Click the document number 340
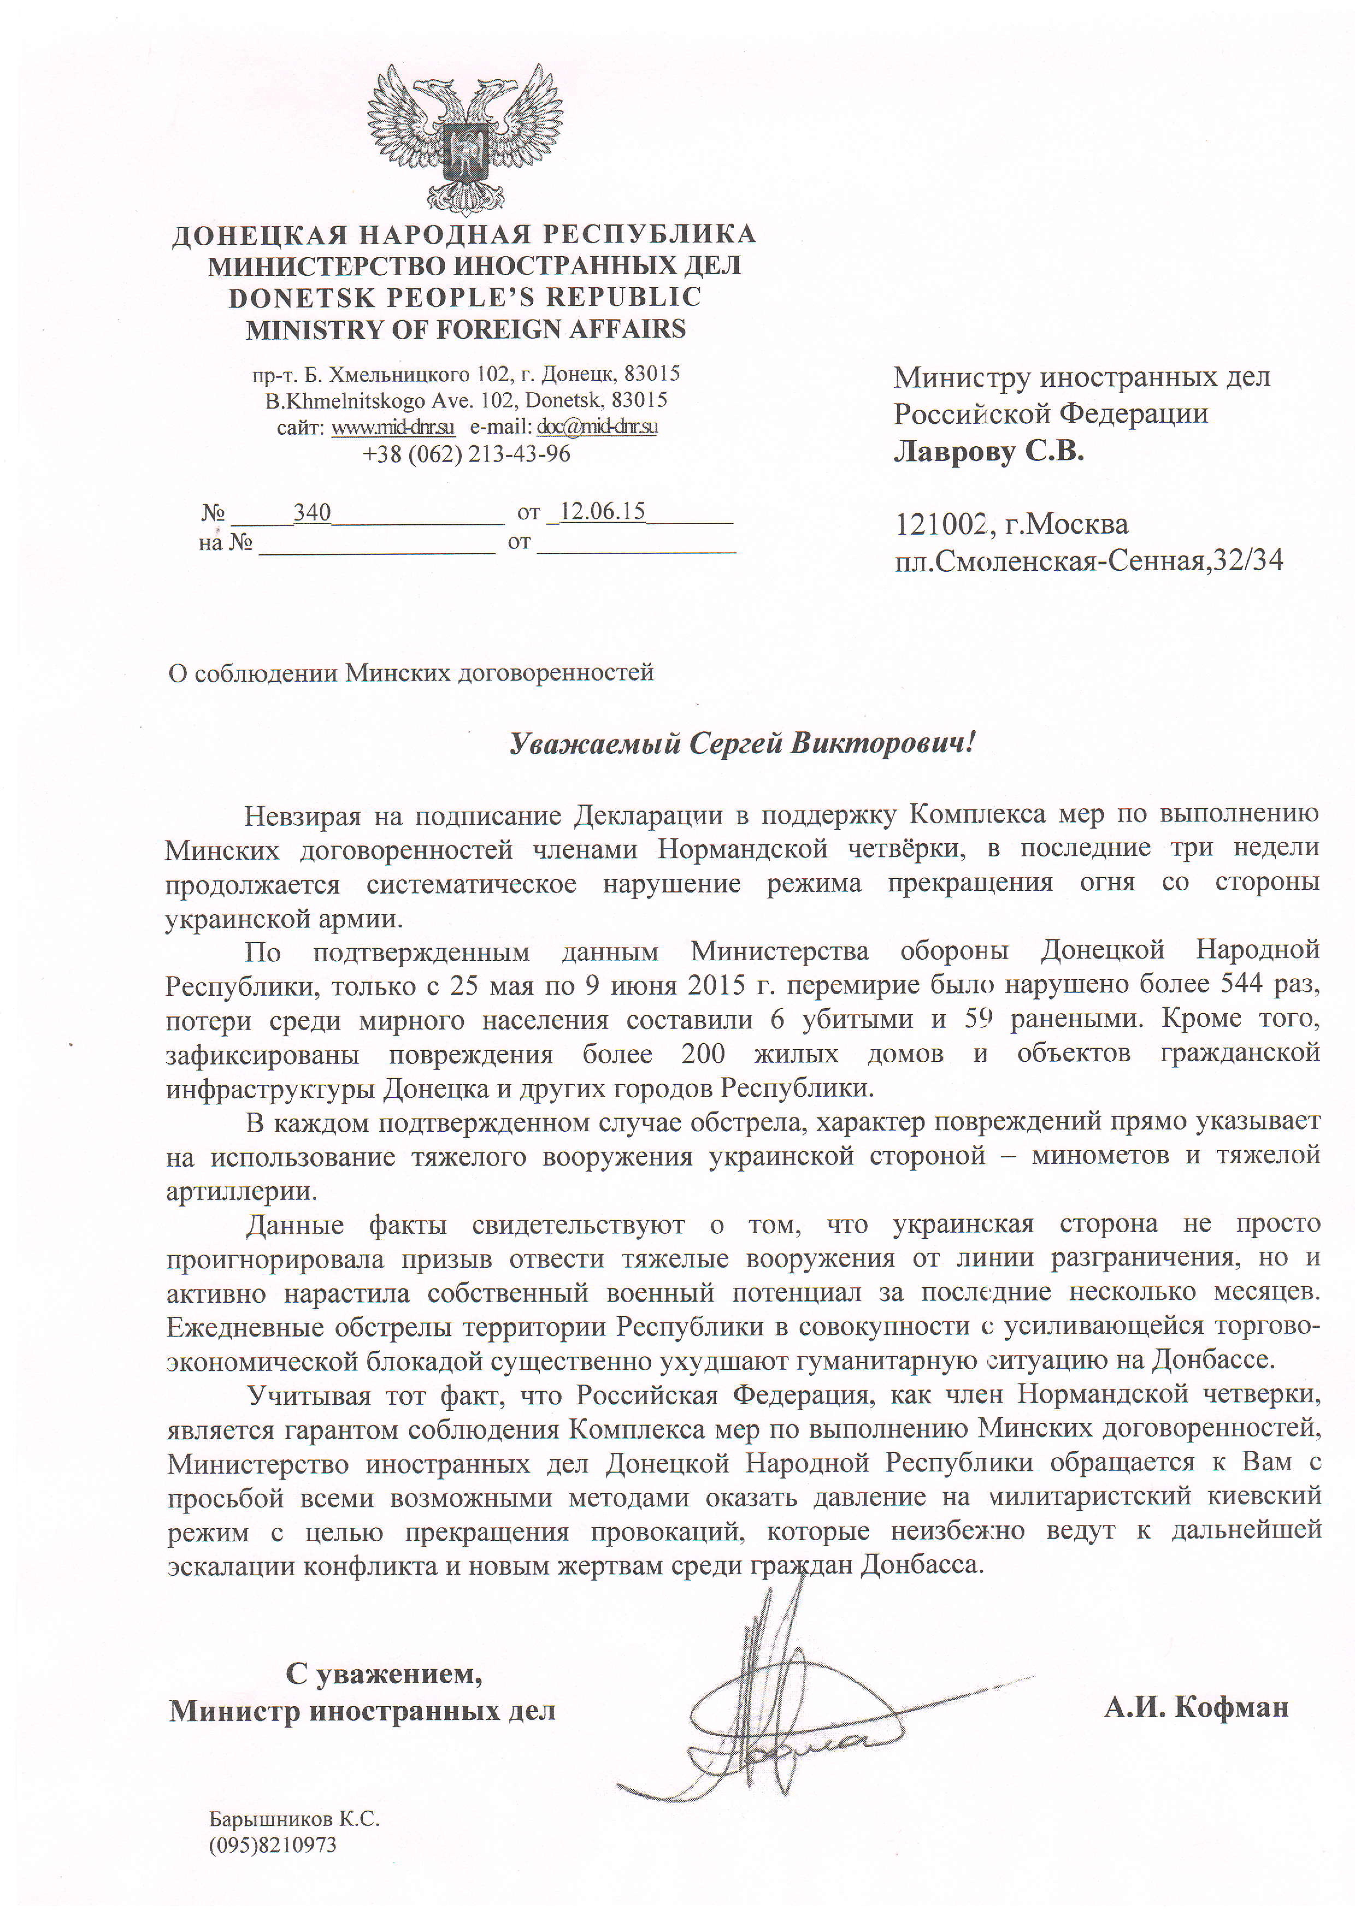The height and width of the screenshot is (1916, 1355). pos(312,512)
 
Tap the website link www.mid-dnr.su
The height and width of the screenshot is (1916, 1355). pos(393,427)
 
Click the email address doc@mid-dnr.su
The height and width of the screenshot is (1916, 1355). pos(597,427)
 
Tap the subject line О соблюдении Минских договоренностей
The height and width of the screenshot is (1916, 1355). pos(411,673)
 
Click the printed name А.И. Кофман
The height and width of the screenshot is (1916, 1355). pos(1195,1707)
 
